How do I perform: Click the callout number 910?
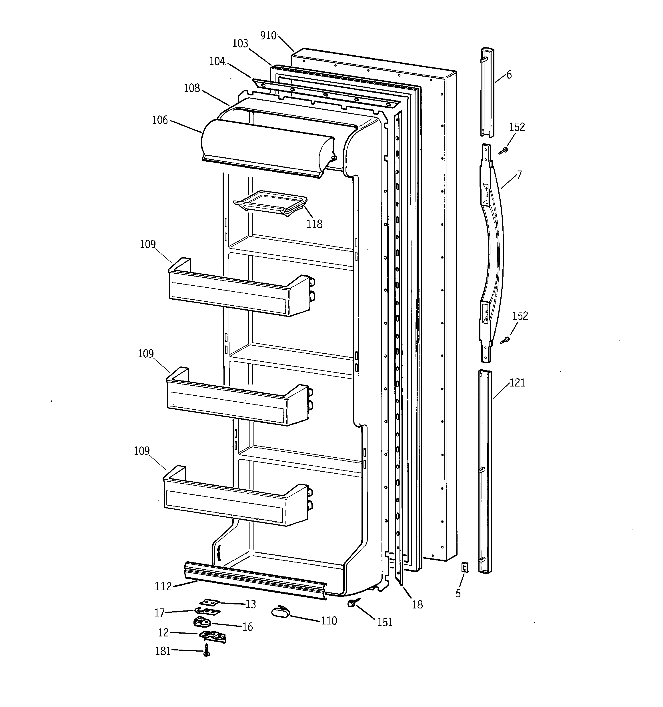coord(268,35)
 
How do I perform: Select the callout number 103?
coord(240,43)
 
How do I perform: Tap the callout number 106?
coord(160,120)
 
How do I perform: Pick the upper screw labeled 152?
coord(503,151)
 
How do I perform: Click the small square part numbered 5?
coord(464,567)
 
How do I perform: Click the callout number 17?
coord(159,612)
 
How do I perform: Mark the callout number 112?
coord(163,586)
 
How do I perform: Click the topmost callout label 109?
coord(148,244)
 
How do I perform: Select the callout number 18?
coord(418,604)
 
